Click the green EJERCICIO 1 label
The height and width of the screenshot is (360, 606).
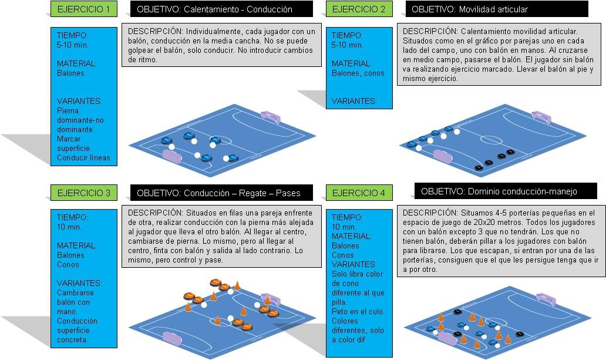[x=83, y=9]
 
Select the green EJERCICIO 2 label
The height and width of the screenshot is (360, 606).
[x=359, y=9]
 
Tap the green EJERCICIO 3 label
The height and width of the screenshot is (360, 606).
[x=83, y=193]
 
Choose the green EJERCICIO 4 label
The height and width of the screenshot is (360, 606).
[x=359, y=193]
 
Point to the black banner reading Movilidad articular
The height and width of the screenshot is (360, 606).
[x=496, y=9]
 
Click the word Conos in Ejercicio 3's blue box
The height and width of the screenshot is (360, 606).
[x=68, y=264]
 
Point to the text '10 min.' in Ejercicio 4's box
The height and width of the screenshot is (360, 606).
[x=344, y=227]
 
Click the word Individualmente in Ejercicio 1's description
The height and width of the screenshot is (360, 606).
[x=206, y=31]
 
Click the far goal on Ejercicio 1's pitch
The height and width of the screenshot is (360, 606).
[x=271, y=116]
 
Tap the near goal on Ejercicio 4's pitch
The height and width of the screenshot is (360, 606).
[x=447, y=338]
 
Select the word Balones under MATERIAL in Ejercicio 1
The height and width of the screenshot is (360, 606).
[x=70, y=73]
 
